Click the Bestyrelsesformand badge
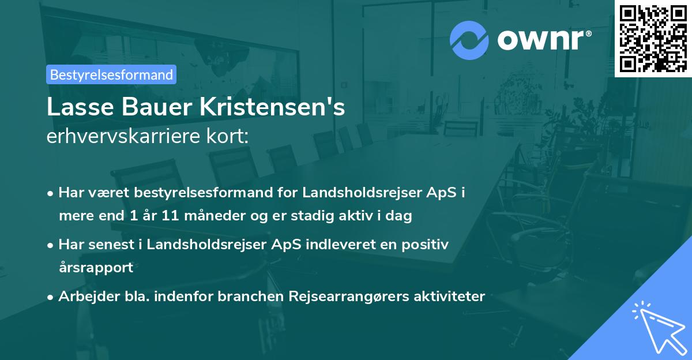111,74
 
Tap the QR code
653,38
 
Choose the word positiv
423,245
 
